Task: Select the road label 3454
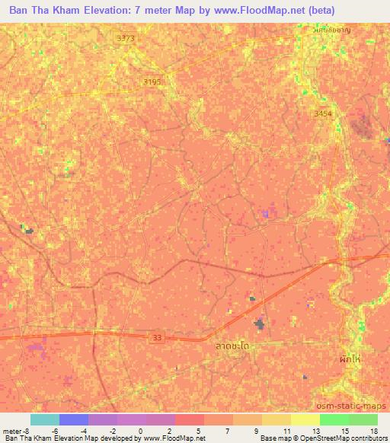[324, 114]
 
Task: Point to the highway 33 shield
[157, 336]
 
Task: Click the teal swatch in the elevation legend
[45, 419]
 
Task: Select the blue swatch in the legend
[74, 419]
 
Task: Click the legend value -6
[55, 430]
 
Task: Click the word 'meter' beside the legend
[13, 430]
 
